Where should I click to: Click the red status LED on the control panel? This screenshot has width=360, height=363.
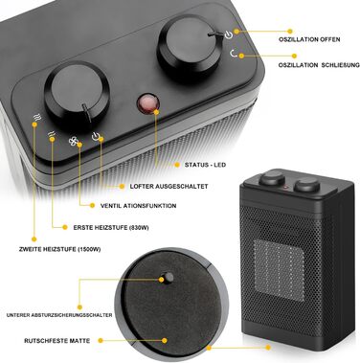[148, 103]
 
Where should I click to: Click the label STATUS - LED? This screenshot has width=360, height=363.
[205, 165]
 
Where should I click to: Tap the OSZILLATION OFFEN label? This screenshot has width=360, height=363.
[309, 39]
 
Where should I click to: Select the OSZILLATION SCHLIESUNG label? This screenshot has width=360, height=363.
[319, 65]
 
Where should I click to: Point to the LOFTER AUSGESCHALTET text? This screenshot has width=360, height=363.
[169, 186]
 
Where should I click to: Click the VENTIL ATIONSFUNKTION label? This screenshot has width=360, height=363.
[138, 206]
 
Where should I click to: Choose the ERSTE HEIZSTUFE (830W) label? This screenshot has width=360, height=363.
[111, 228]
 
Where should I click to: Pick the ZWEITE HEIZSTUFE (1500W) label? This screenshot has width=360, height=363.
[60, 249]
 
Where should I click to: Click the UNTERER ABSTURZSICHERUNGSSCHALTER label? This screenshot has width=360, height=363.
[59, 315]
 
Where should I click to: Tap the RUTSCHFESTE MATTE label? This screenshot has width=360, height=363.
[57, 341]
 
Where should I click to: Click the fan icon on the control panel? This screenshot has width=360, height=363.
[74, 141]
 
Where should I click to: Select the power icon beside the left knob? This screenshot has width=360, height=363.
[96, 136]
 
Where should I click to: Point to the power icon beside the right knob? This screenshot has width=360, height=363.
[229, 34]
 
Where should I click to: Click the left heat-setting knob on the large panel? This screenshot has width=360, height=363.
[77, 93]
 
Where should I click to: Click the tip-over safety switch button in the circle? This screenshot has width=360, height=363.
[168, 277]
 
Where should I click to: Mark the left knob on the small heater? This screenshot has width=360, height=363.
[272, 178]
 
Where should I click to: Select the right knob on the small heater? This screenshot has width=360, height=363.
[306, 185]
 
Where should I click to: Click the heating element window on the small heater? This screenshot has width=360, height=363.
[279, 270]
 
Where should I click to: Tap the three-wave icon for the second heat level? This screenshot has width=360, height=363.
[37, 118]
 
